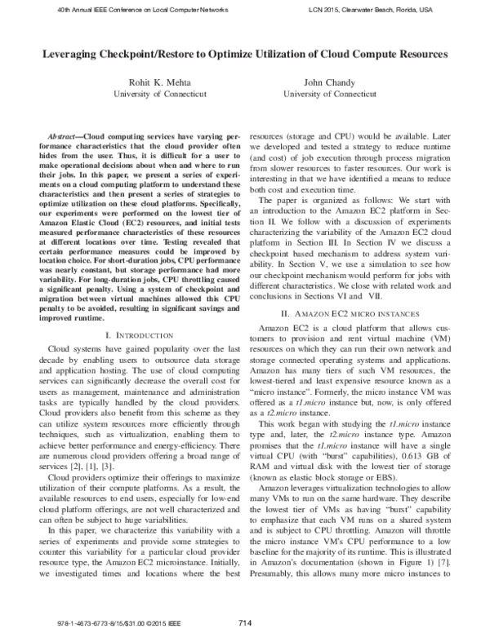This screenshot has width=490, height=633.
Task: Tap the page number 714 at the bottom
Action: tap(244, 622)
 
